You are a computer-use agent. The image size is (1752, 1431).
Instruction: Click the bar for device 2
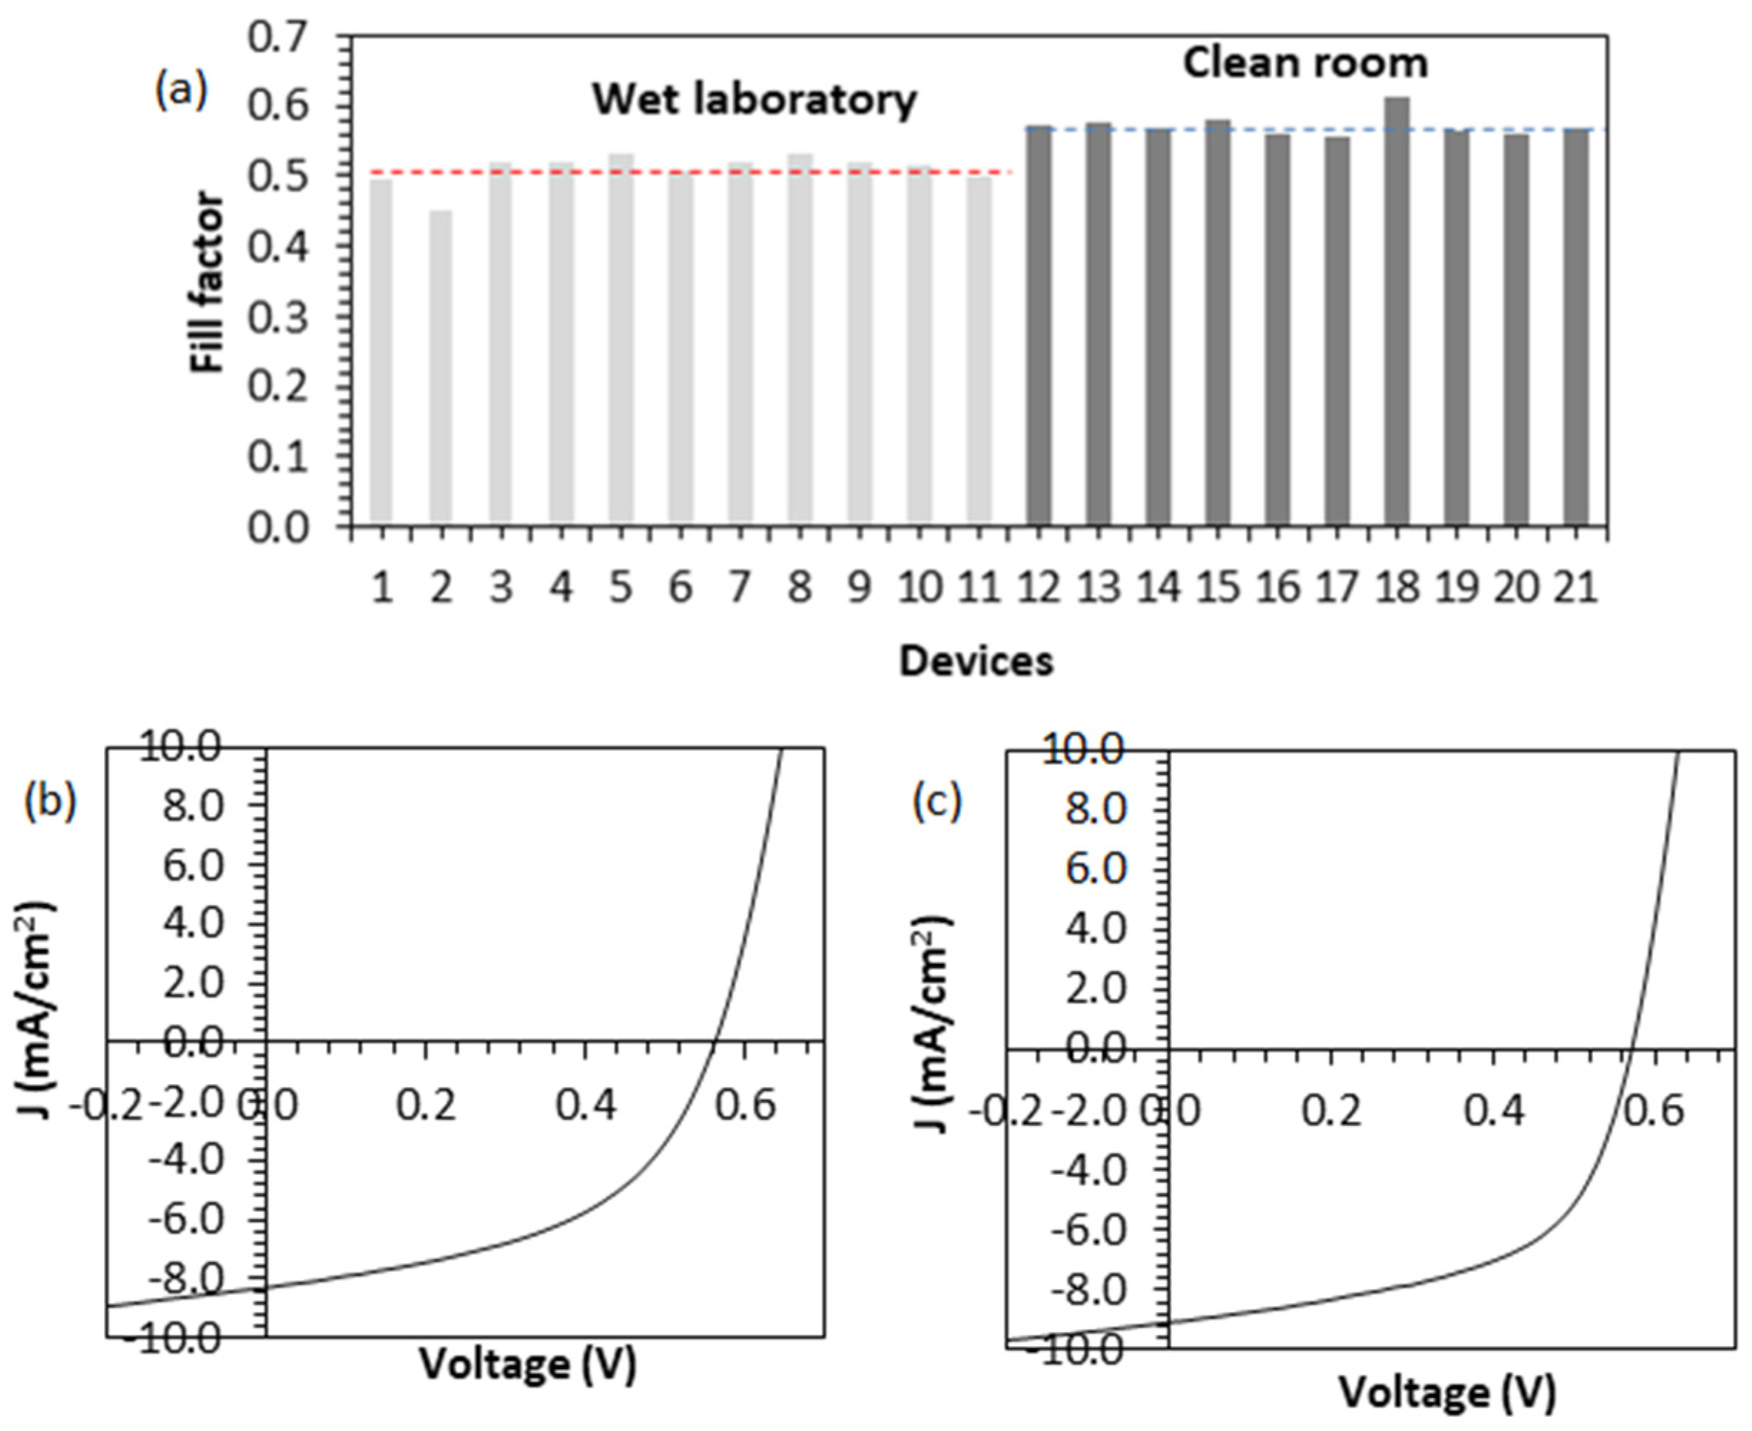[x=441, y=367]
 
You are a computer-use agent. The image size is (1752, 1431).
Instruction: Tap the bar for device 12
[x=1039, y=326]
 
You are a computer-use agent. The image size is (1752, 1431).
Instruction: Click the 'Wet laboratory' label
[x=754, y=100]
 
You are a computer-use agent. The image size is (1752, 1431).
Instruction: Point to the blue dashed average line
[x=1319, y=130]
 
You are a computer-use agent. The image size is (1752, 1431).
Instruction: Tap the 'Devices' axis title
[x=976, y=661]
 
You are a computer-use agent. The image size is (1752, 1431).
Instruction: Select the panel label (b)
[x=51, y=801]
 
